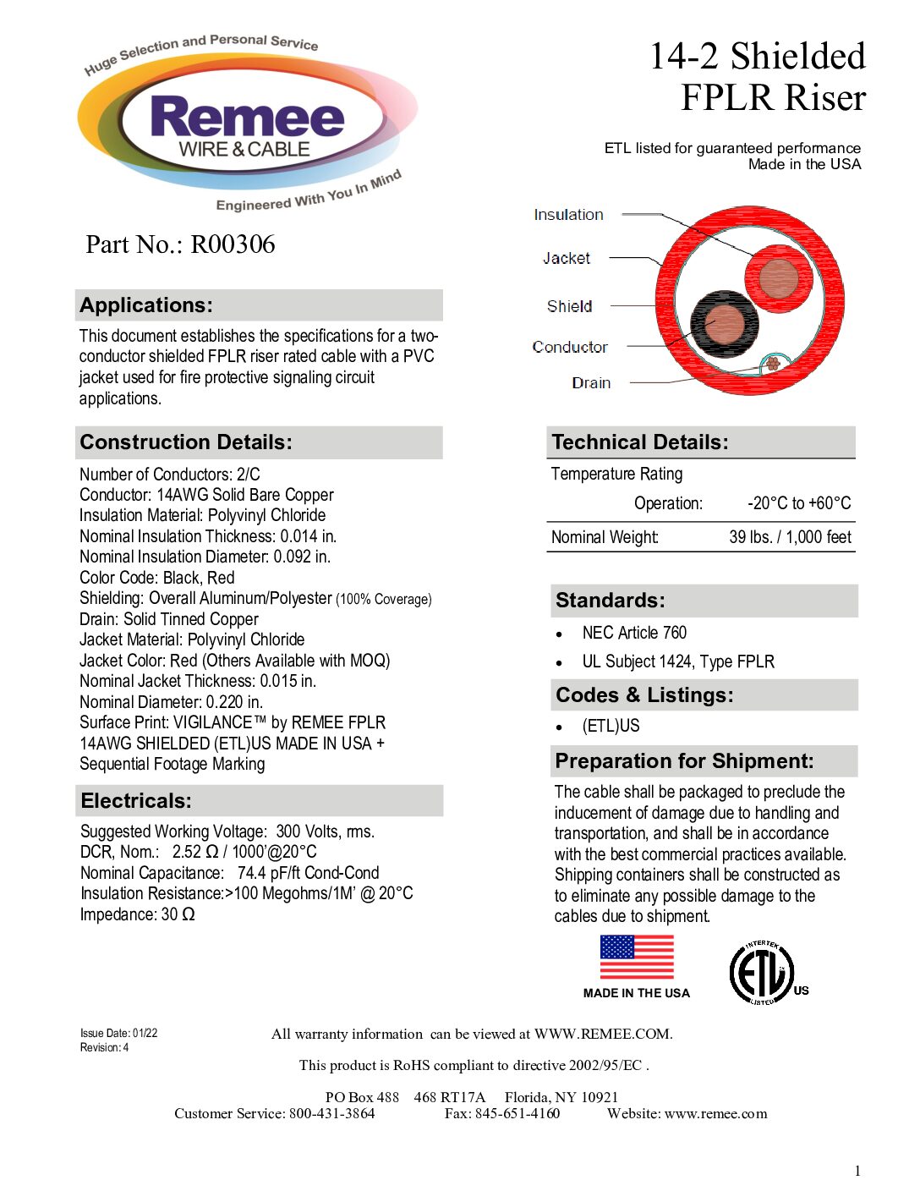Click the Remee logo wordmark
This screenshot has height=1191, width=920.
coord(247,118)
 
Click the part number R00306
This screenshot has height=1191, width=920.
coord(233,244)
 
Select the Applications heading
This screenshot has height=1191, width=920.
coord(146,305)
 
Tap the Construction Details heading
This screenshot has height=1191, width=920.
coord(186,442)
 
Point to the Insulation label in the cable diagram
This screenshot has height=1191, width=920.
coord(568,215)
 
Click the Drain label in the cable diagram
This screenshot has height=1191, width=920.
coord(591,383)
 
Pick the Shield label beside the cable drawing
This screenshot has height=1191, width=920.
coord(569,306)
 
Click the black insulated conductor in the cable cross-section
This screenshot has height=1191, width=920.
coord(724,324)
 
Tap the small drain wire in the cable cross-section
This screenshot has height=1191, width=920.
coord(772,365)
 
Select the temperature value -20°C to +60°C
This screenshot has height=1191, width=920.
coord(799,503)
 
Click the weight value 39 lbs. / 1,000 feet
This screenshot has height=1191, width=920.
coord(790,537)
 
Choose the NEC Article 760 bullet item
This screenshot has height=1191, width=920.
coord(634,633)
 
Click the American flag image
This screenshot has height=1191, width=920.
coord(637,957)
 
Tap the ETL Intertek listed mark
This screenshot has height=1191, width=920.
coord(763,974)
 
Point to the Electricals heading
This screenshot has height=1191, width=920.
coord(136,801)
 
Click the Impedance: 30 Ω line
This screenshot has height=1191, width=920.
coord(137,914)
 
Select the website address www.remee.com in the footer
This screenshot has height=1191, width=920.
coord(715,1114)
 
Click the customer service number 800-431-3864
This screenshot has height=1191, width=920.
coord(331,1114)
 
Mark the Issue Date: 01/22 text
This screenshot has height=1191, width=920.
coord(118,1033)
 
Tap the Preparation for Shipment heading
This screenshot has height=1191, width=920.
coord(684,761)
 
